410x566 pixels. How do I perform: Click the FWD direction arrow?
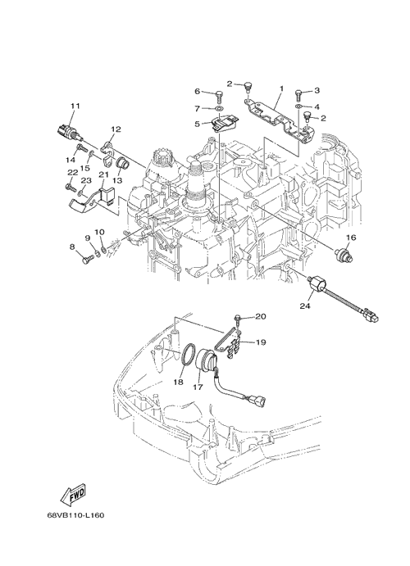(74, 495)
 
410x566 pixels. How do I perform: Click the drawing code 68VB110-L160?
(75, 514)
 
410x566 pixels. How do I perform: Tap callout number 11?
(75, 106)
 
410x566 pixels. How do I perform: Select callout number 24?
(304, 306)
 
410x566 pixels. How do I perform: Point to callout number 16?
(351, 238)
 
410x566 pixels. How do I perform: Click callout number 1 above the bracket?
(281, 88)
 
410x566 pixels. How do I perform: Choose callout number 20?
(261, 316)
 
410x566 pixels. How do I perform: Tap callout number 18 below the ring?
(178, 382)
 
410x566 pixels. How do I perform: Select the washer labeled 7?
(219, 108)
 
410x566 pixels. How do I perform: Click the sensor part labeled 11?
(71, 134)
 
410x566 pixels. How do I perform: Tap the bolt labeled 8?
(86, 260)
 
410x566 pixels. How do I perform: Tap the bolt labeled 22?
(71, 187)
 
